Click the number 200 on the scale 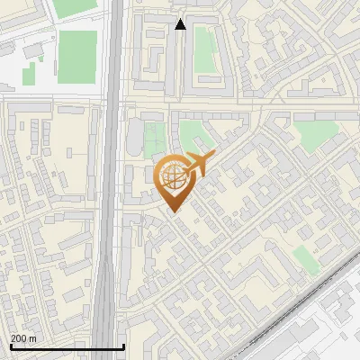(18, 338)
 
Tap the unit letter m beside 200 (32, 338)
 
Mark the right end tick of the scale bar (123, 346)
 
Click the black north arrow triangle (180, 24)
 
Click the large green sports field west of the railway (77, 56)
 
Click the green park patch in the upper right (314, 136)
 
